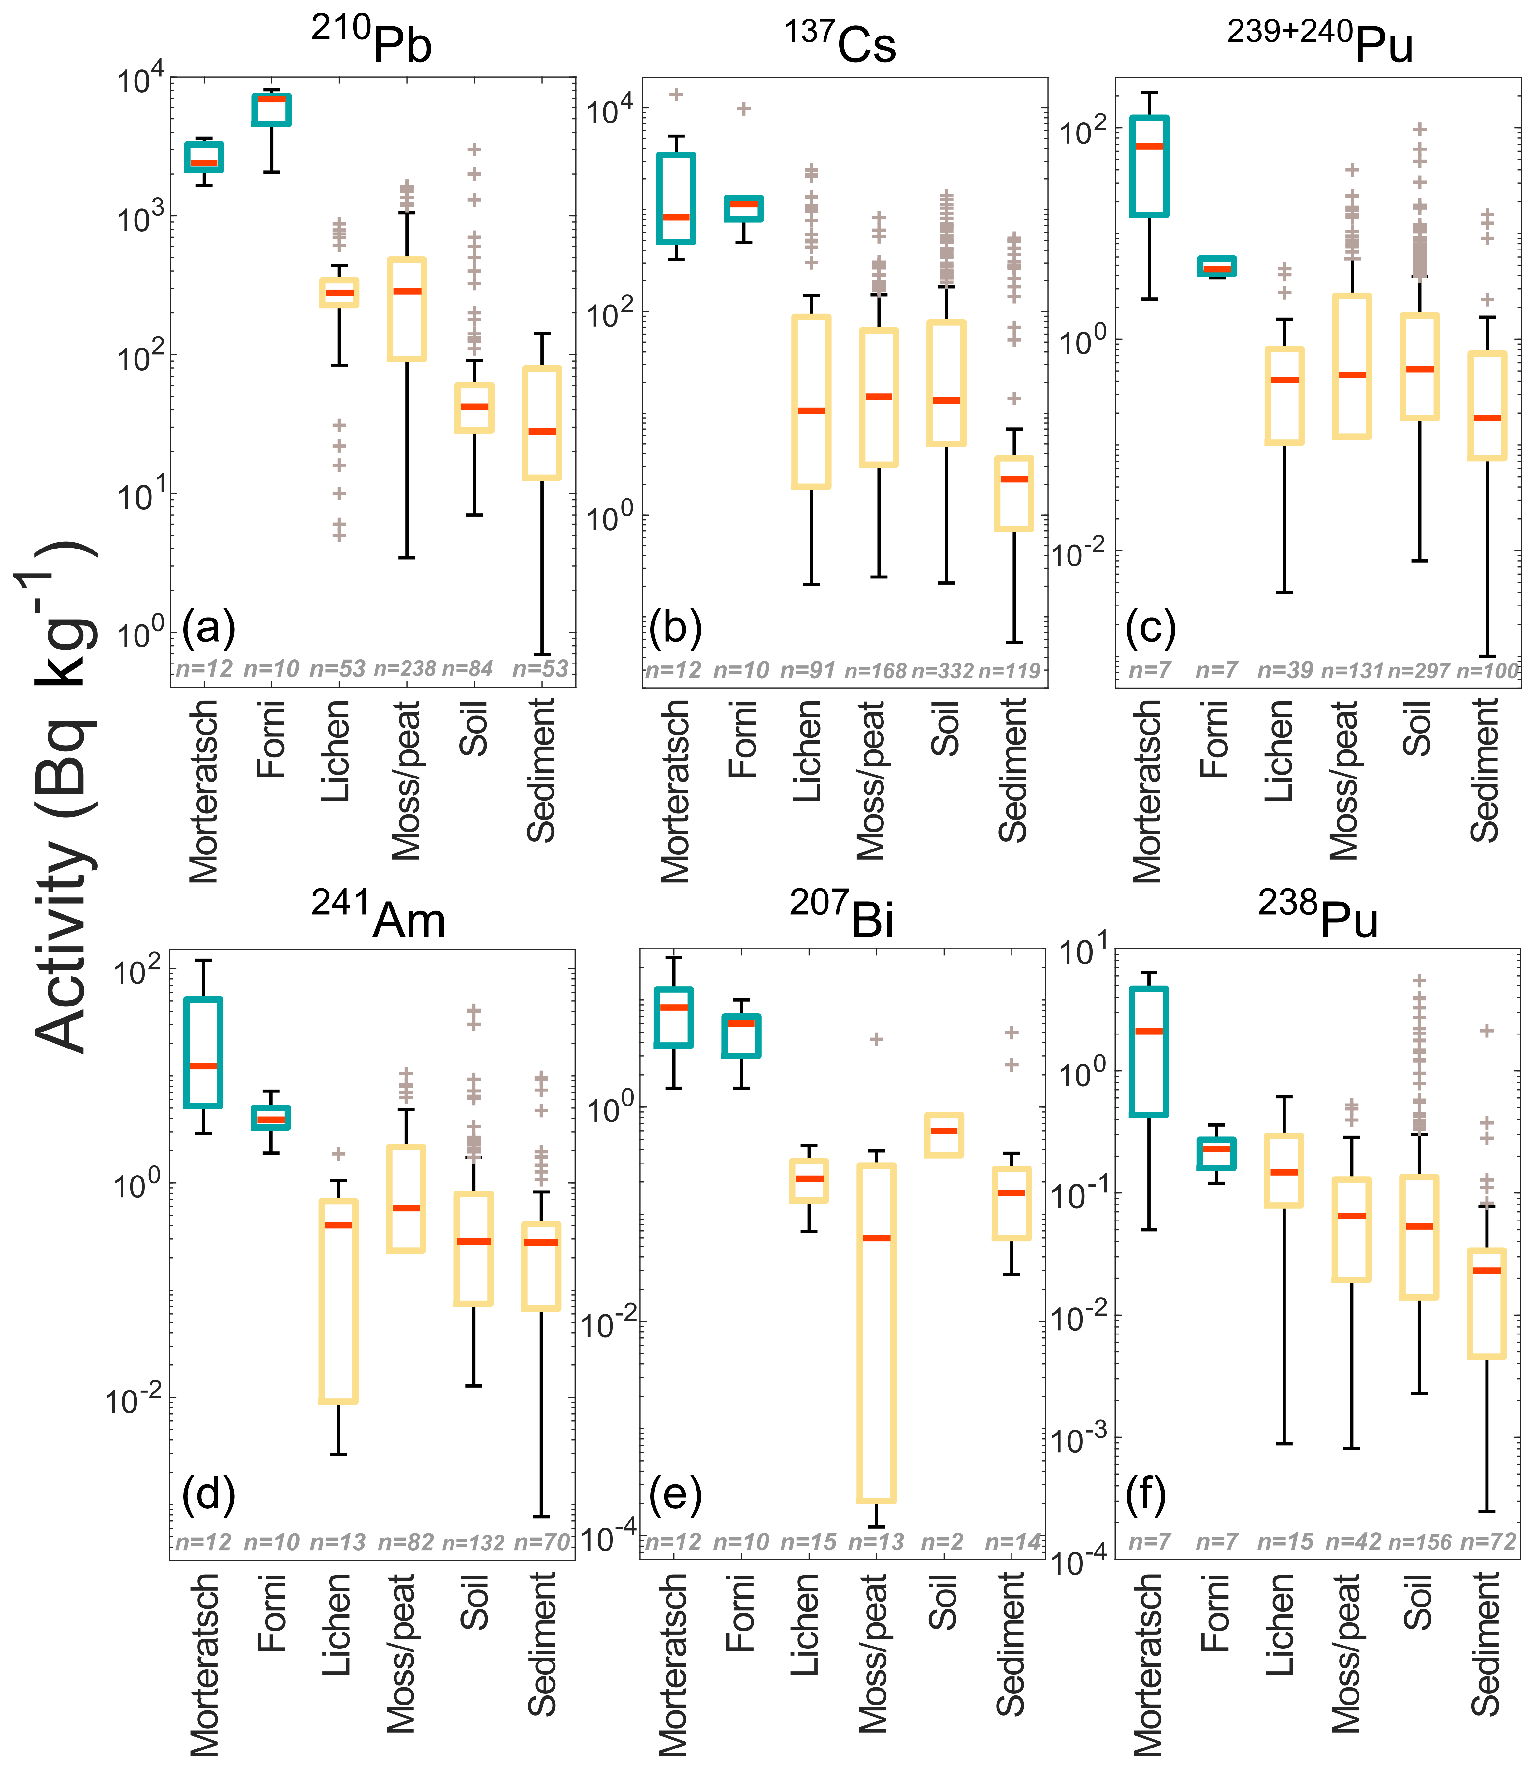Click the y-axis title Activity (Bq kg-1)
point(64,797)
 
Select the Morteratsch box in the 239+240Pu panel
point(1149,166)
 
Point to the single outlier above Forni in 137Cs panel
point(744,109)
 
